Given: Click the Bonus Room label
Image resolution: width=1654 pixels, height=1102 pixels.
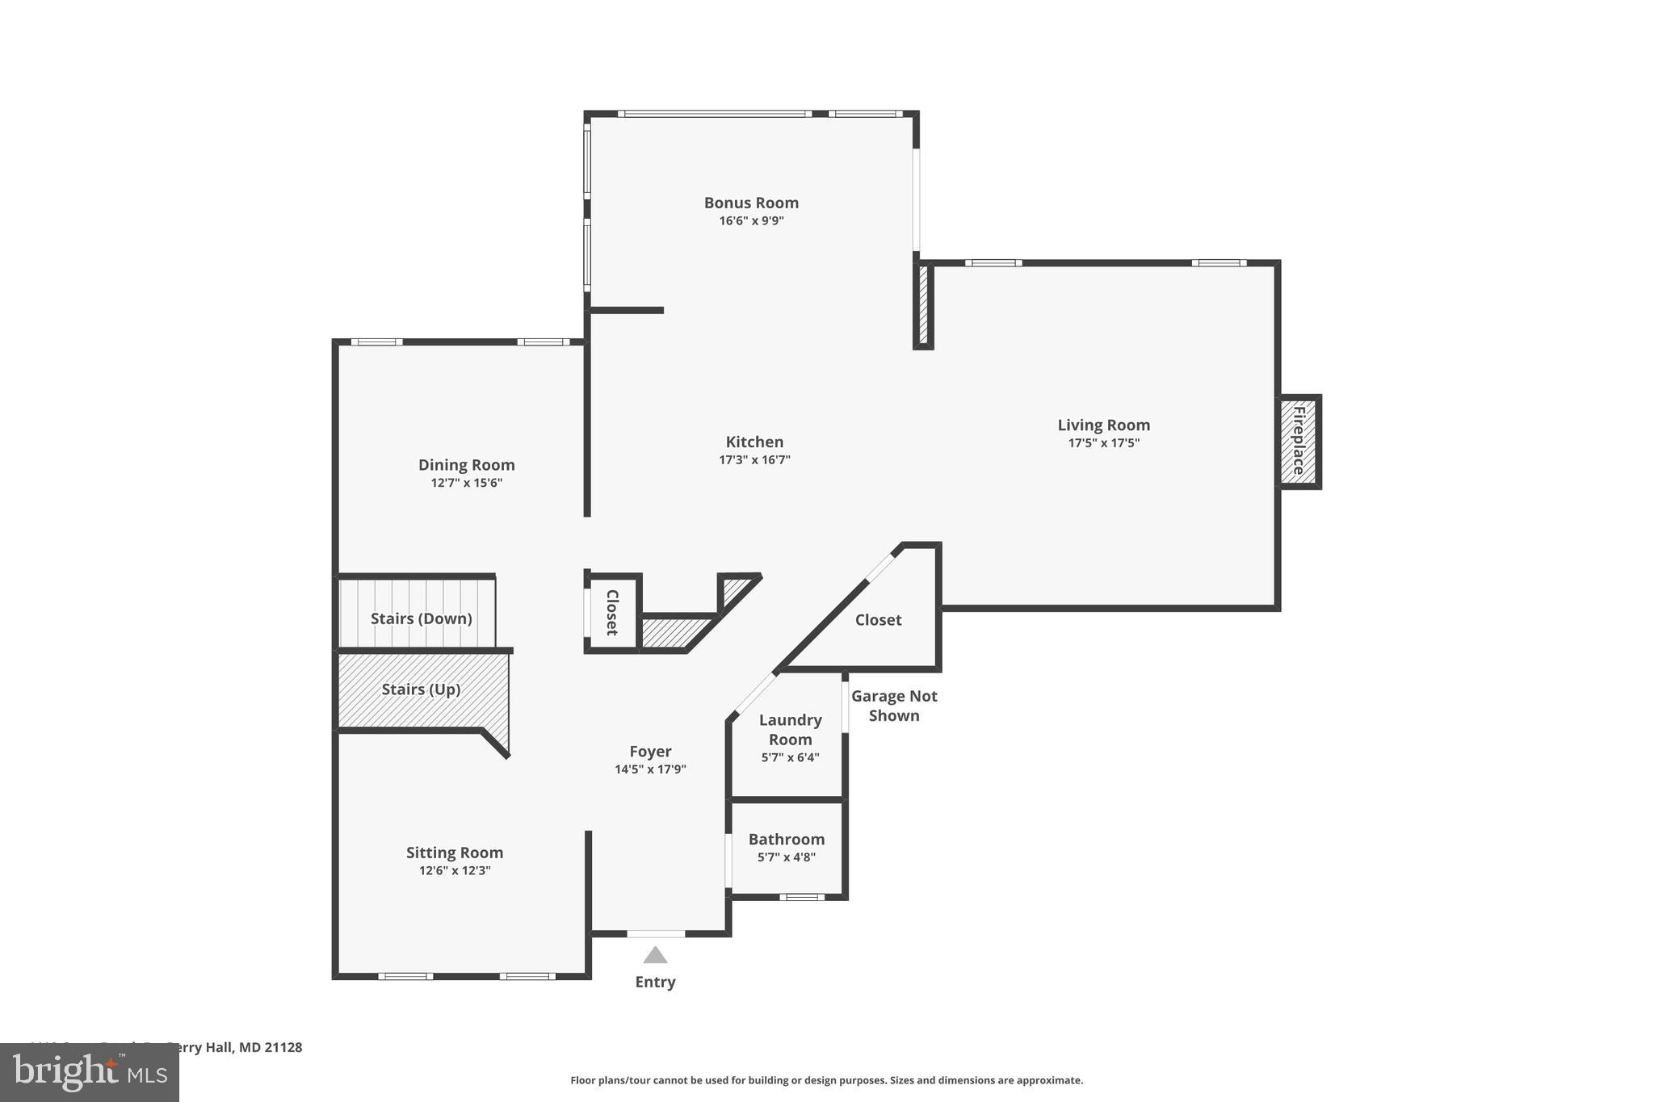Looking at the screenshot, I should click(751, 203).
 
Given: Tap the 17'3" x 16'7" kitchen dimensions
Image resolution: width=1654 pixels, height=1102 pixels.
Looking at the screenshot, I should click(754, 460).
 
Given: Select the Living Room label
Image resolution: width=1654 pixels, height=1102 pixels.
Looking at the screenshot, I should click(1103, 425).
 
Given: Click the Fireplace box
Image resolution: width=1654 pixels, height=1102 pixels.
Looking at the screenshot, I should click(1298, 442).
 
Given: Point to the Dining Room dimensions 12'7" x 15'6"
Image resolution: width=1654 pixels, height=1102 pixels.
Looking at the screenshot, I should click(466, 483).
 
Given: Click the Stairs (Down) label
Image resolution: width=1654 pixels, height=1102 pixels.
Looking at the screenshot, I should click(421, 618).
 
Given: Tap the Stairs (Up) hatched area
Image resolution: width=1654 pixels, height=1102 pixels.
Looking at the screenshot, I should click(421, 689).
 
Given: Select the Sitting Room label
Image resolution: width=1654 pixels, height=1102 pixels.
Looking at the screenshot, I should click(454, 853).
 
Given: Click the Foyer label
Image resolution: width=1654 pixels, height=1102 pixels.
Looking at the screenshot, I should click(650, 751).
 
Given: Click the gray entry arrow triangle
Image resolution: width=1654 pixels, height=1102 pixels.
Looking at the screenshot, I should click(655, 956).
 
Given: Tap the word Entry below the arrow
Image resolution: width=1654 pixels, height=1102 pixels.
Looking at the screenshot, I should click(655, 982).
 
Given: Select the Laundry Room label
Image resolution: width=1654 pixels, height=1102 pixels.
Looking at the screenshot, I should click(790, 729).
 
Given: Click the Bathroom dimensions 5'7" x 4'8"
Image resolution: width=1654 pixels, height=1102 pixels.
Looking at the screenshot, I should click(786, 857).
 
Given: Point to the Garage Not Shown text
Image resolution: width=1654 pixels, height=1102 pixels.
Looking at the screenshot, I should click(894, 706).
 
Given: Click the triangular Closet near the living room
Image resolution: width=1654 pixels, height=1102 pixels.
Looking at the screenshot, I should click(878, 620).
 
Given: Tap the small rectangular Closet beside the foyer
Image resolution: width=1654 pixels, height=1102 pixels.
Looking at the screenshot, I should click(612, 612).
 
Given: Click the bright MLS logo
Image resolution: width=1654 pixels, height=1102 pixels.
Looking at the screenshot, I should click(90, 1073).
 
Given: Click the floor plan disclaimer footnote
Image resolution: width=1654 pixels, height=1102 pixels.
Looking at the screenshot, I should click(826, 1080).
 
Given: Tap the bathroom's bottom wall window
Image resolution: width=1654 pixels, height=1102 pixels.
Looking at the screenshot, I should click(802, 897).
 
